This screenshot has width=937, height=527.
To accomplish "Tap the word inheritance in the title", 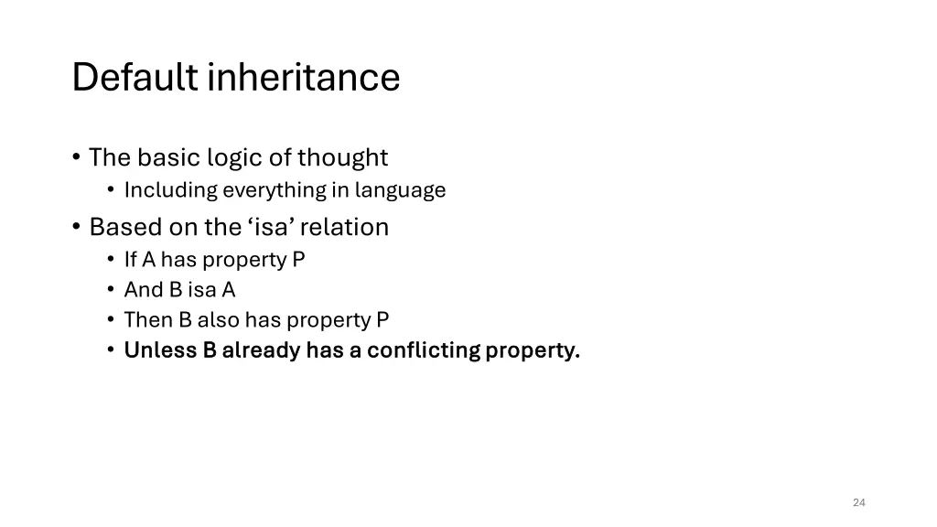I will click(304, 77).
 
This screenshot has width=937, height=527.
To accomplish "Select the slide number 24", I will click(858, 502).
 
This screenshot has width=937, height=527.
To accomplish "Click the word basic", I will click(169, 157).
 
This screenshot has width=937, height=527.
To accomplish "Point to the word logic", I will click(234, 158).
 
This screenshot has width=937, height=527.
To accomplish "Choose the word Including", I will click(171, 190).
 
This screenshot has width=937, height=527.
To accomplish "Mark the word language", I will click(402, 190).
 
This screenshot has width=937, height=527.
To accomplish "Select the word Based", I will click(117, 227).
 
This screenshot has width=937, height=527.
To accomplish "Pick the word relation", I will click(350, 227).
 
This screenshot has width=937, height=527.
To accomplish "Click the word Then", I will click(145, 319).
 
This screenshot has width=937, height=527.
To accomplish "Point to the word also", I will click(218, 319).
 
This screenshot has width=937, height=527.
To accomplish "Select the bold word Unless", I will click(160, 350).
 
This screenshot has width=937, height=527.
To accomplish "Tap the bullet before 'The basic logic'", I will click(76, 158).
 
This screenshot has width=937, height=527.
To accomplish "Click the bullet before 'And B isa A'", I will click(111, 290).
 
